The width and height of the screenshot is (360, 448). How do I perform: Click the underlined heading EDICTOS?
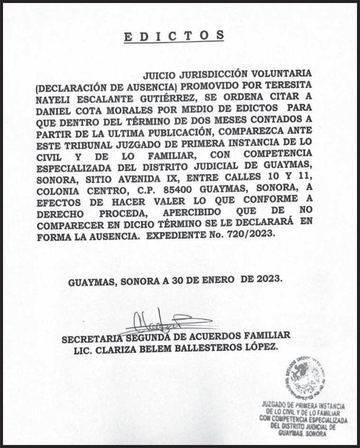174,36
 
